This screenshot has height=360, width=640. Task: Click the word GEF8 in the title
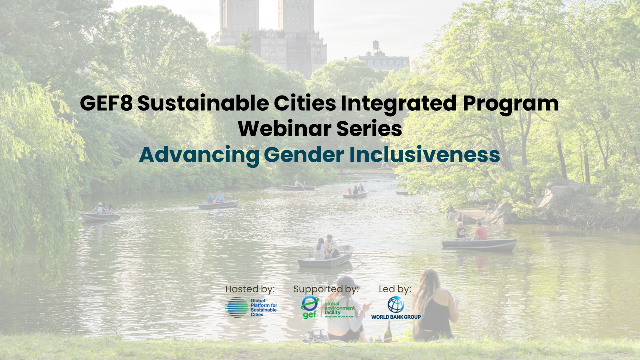click(106, 103)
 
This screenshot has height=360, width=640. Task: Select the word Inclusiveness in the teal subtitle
click(425, 154)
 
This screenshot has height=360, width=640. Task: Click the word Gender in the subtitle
click(304, 154)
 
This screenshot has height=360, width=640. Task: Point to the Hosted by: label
click(250, 289)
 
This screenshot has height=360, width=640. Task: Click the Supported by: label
click(326, 289)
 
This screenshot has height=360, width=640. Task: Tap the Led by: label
click(395, 289)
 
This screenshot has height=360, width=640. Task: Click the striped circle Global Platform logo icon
click(237, 307)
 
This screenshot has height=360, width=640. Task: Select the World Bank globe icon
click(396, 305)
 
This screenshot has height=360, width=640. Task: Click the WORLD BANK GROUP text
click(396, 317)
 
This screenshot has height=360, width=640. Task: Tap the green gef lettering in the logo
click(310, 315)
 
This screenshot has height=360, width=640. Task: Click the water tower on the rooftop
click(376, 46)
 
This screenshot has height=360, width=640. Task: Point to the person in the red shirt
click(481, 231)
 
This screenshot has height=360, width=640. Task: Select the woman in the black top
click(435, 305)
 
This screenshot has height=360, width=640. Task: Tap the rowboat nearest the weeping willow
click(100, 217)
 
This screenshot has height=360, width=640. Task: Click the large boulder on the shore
click(560, 194)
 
